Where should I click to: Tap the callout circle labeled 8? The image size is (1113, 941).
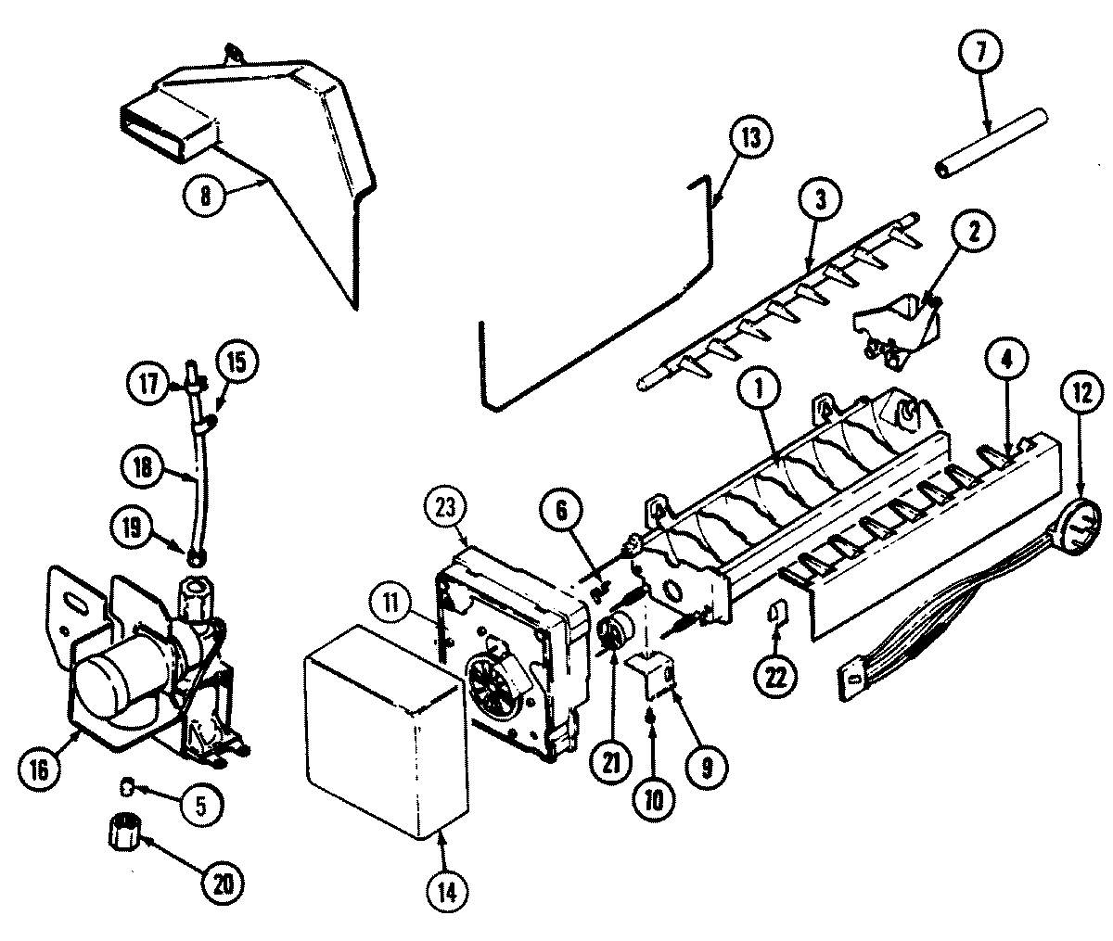pos(207,196)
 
